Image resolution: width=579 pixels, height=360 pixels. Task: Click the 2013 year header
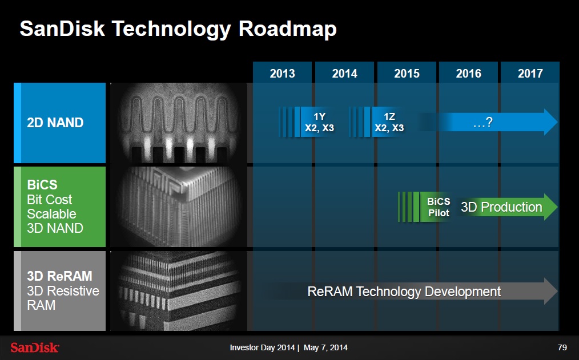[282, 73]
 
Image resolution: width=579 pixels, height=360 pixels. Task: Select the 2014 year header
[344, 73]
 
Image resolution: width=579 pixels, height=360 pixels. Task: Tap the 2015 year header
[407, 73]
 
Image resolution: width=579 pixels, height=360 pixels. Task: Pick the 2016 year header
[469, 73]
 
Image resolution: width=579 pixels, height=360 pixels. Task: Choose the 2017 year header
[530, 73]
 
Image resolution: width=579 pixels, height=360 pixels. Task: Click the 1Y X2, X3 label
[319, 122]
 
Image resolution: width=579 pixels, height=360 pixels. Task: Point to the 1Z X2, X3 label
[389, 122]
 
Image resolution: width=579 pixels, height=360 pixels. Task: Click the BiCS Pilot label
[438, 207]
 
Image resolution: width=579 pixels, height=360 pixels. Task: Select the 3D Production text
[501, 207]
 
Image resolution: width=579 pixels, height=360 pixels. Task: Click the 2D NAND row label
[55, 123]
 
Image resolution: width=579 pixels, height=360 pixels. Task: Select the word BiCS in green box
[42, 185]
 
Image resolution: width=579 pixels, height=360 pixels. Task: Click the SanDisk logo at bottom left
[35, 347]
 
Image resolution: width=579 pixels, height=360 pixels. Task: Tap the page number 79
[562, 347]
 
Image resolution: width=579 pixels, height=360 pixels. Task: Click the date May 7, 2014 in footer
[325, 347]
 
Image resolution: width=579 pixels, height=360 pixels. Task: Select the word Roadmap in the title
[287, 29]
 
